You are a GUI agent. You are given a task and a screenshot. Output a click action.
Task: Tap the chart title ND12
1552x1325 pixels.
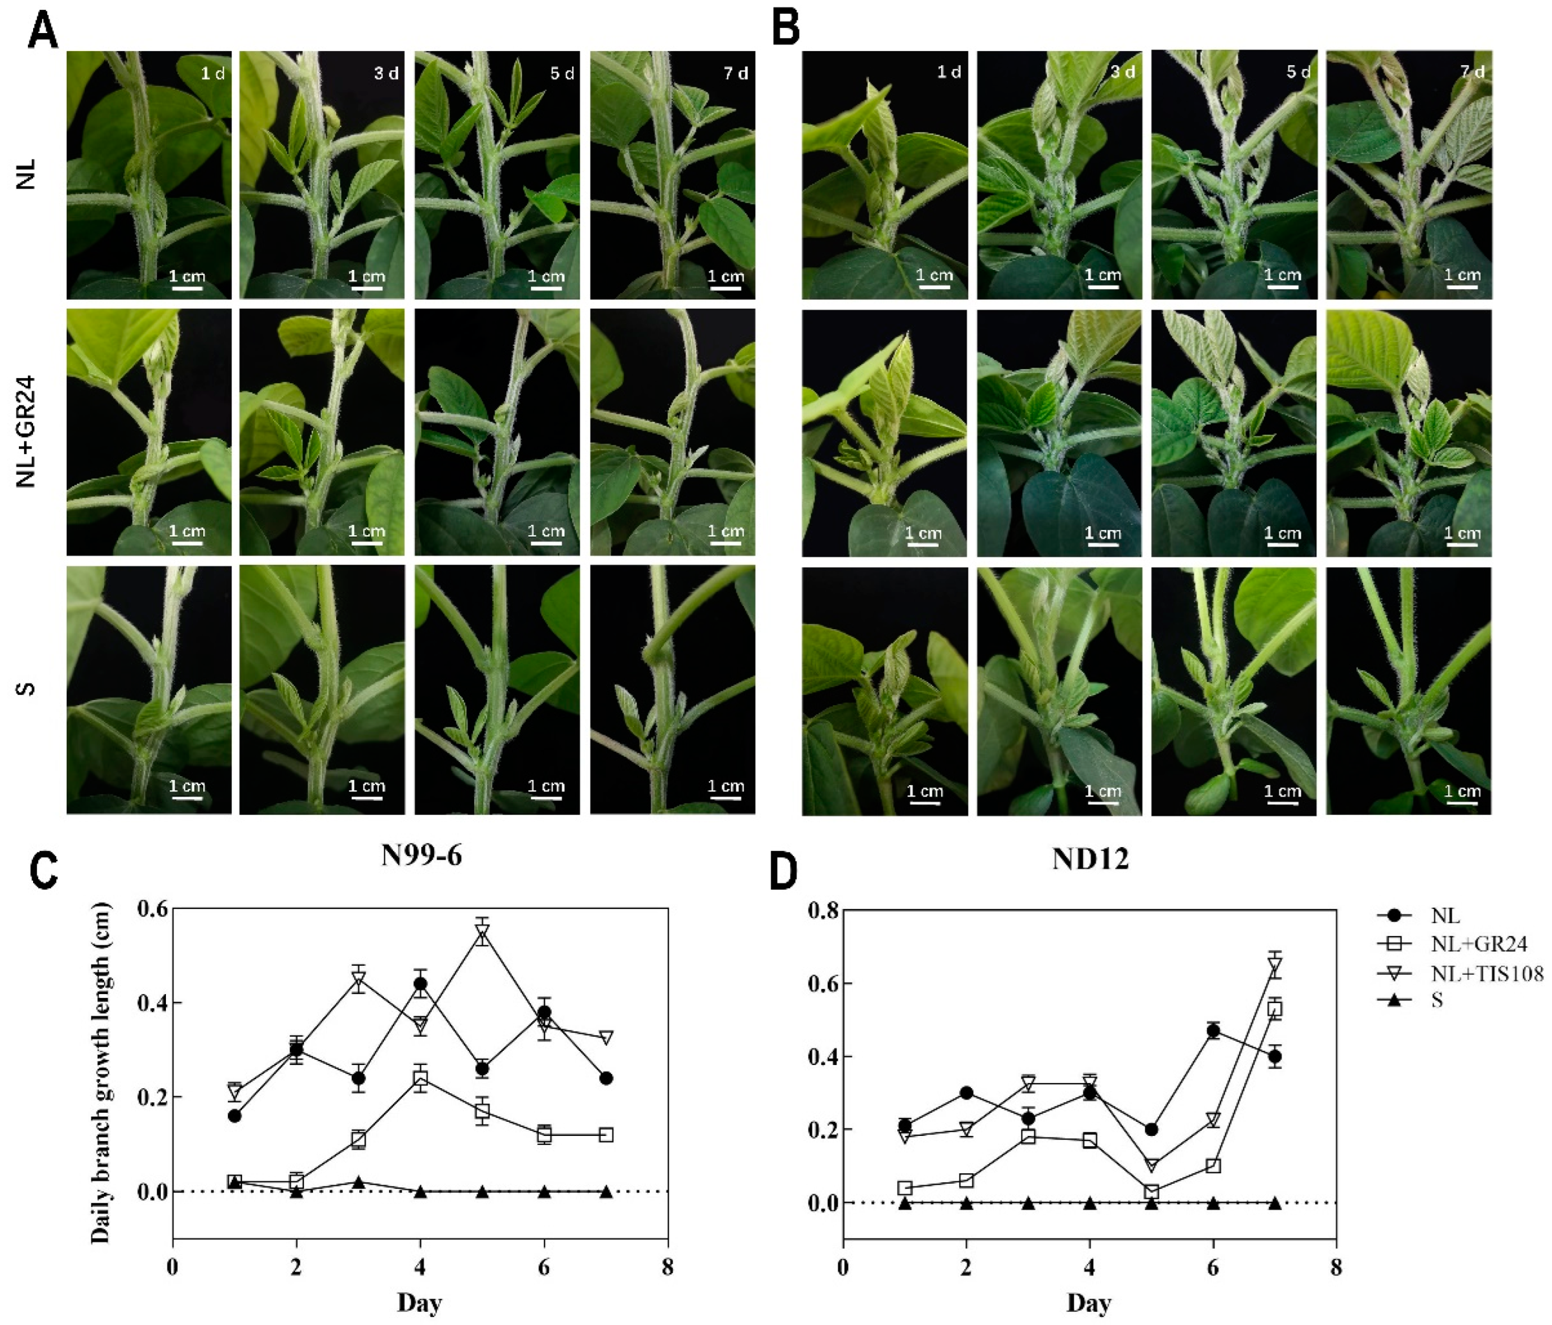point(1090,858)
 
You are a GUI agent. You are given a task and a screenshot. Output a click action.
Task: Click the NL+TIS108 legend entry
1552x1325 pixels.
point(1487,973)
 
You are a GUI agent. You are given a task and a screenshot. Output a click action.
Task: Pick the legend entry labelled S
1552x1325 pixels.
point(1436,1000)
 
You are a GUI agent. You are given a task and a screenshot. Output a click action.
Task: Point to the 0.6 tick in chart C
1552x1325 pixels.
point(152,909)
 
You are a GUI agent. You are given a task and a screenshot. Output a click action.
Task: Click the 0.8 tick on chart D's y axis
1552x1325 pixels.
point(822,910)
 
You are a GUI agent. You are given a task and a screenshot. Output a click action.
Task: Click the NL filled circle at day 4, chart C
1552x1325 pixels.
point(420,984)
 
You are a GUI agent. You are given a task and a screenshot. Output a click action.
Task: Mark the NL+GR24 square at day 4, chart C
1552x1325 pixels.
point(420,1079)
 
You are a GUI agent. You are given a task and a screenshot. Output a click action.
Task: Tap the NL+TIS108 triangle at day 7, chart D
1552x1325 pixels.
point(1275,965)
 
